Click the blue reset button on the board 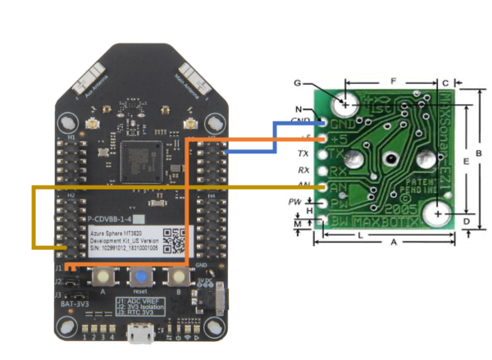(141, 276)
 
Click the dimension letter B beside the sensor (480, 154)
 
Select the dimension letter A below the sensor (394, 243)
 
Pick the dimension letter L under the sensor (362, 235)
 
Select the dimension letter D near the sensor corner (466, 221)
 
